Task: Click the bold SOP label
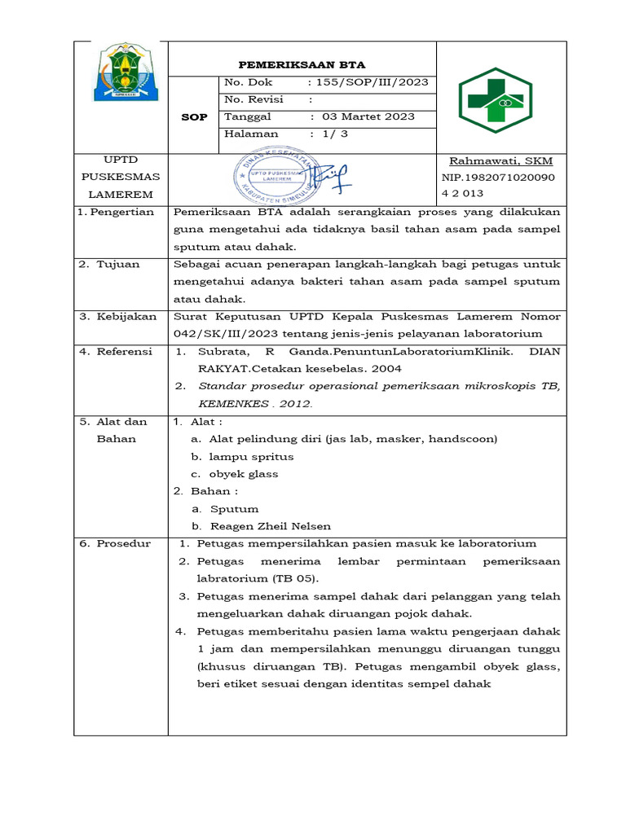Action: [194, 116]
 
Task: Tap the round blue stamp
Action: [274, 177]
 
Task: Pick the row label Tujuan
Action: [120, 264]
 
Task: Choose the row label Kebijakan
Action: [126, 316]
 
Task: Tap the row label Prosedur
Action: [123, 543]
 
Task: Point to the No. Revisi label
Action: [254, 99]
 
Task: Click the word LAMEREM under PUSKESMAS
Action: [119, 195]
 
